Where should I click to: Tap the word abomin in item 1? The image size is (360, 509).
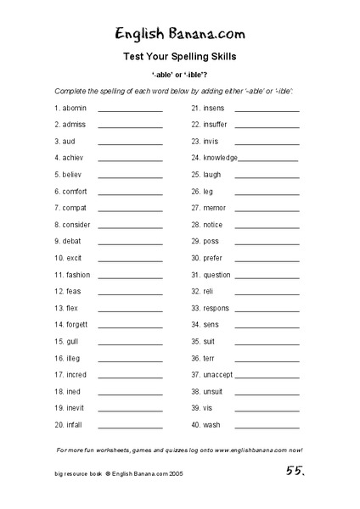75,109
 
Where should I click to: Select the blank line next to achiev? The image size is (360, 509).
130,159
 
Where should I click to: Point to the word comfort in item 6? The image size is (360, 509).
75,192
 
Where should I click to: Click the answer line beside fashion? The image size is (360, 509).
130,276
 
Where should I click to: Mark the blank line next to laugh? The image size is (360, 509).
267,176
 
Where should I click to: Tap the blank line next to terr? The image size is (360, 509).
267,359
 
